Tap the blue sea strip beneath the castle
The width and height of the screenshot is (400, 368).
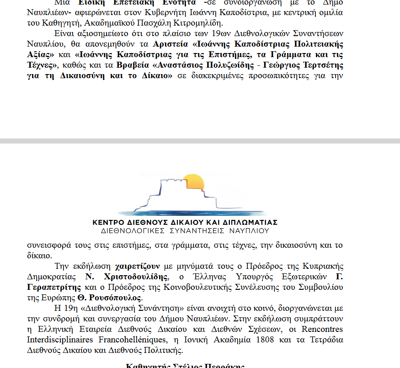click(x=192, y=212)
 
